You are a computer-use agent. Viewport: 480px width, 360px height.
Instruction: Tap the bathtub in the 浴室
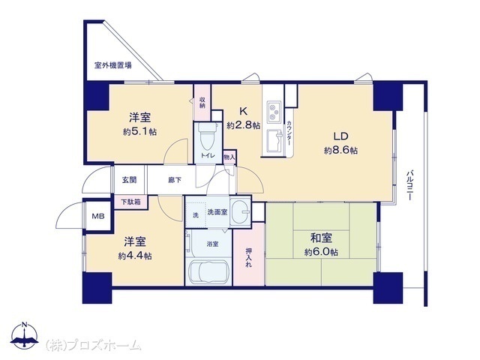(x=209, y=272)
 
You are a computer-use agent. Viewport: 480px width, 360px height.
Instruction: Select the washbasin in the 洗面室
(x=240, y=211)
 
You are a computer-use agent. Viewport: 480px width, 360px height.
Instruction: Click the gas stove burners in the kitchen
(x=274, y=112)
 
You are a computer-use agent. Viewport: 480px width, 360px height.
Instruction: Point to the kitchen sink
(x=274, y=141)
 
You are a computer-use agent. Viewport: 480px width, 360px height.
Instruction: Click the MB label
(x=98, y=217)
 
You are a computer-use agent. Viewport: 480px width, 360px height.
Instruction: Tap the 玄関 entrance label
(x=129, y=180)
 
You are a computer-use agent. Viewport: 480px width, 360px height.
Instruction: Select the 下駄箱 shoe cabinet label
(x=130, y=202)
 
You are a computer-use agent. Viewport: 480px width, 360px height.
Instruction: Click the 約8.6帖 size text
(x=341, y=151)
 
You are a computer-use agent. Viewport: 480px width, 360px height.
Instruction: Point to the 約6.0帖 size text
(x=322, y=252)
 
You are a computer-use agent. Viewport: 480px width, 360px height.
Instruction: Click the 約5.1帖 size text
(x=140, y=132)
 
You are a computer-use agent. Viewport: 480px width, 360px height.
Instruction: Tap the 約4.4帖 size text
(x=135, y=256)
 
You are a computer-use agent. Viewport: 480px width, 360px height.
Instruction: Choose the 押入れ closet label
(x=249, y=257)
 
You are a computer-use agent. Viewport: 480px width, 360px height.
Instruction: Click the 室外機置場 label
(x=113, y=65)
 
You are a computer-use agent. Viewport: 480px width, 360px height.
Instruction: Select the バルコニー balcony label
(x=409, y=185)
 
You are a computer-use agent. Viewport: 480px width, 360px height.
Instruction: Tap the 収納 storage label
(x=202, y=102)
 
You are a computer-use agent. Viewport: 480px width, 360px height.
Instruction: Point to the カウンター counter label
(x=289, y=133)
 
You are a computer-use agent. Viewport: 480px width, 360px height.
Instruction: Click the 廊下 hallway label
(x=175, y=180)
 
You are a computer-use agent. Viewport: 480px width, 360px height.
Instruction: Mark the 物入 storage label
(x=229, y=157)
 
